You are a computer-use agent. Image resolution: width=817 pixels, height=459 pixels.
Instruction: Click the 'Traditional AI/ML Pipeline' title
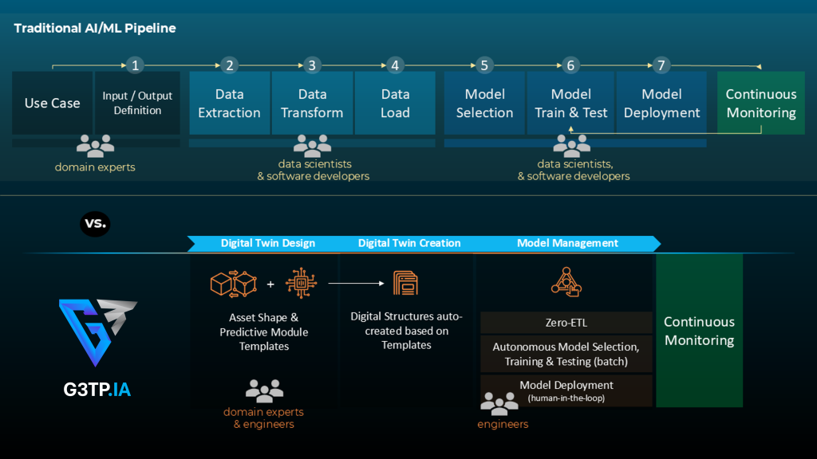pyautogui.click(x=95, y=28)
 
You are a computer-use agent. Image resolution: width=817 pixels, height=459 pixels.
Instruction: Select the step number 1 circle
pyautogui.click(x=135, y=65)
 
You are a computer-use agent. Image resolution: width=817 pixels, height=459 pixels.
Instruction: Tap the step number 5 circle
pyautogui.click(x=484, y=65)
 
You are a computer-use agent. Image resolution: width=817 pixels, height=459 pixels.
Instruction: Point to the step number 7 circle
pyautogui.click(x=661, y=65)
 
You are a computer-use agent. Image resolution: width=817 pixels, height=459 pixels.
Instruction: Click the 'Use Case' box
pyautogui.click(x=52, y=103)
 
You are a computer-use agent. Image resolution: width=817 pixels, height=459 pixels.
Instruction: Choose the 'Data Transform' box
pyautogui.click(x=312, y=103)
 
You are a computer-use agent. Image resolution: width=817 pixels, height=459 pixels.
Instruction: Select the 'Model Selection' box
pyautogui.click(x=484, y=103)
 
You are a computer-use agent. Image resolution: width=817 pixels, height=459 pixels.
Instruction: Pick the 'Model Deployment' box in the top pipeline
pyautogui.click(x=661, y=103)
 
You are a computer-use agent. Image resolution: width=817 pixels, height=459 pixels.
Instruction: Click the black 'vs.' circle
pyautogui.click(x=96, y=224)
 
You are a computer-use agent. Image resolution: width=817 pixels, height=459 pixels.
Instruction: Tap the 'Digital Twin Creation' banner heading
pyautogui.click(x=409, y=243)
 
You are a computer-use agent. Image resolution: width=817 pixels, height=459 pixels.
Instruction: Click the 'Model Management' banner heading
pyautogui.click(x=567, y=243)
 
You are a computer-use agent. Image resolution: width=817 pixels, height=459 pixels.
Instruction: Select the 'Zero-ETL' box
pyautogui.click(x=566, y=323)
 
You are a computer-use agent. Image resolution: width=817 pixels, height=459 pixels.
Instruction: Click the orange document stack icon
pyautogui.click(x=405, y=283)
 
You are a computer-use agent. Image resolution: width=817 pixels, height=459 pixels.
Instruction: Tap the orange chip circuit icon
pyautogui.click(x=301, y=283)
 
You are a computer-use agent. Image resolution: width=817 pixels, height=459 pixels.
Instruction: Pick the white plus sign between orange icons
pyautogui.click(x=270, y=284)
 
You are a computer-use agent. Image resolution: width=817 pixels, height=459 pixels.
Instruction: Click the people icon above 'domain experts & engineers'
pyautogui.click(x=264, y=391)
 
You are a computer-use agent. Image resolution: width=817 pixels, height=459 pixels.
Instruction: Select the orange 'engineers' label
pyautogui.click(x=503, y=424)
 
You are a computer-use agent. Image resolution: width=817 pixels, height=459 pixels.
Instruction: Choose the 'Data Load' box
pyautogui.click(x=395, y=103)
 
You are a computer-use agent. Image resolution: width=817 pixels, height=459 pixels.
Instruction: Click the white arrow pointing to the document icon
pyautogui.click(x=357, y=283)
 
